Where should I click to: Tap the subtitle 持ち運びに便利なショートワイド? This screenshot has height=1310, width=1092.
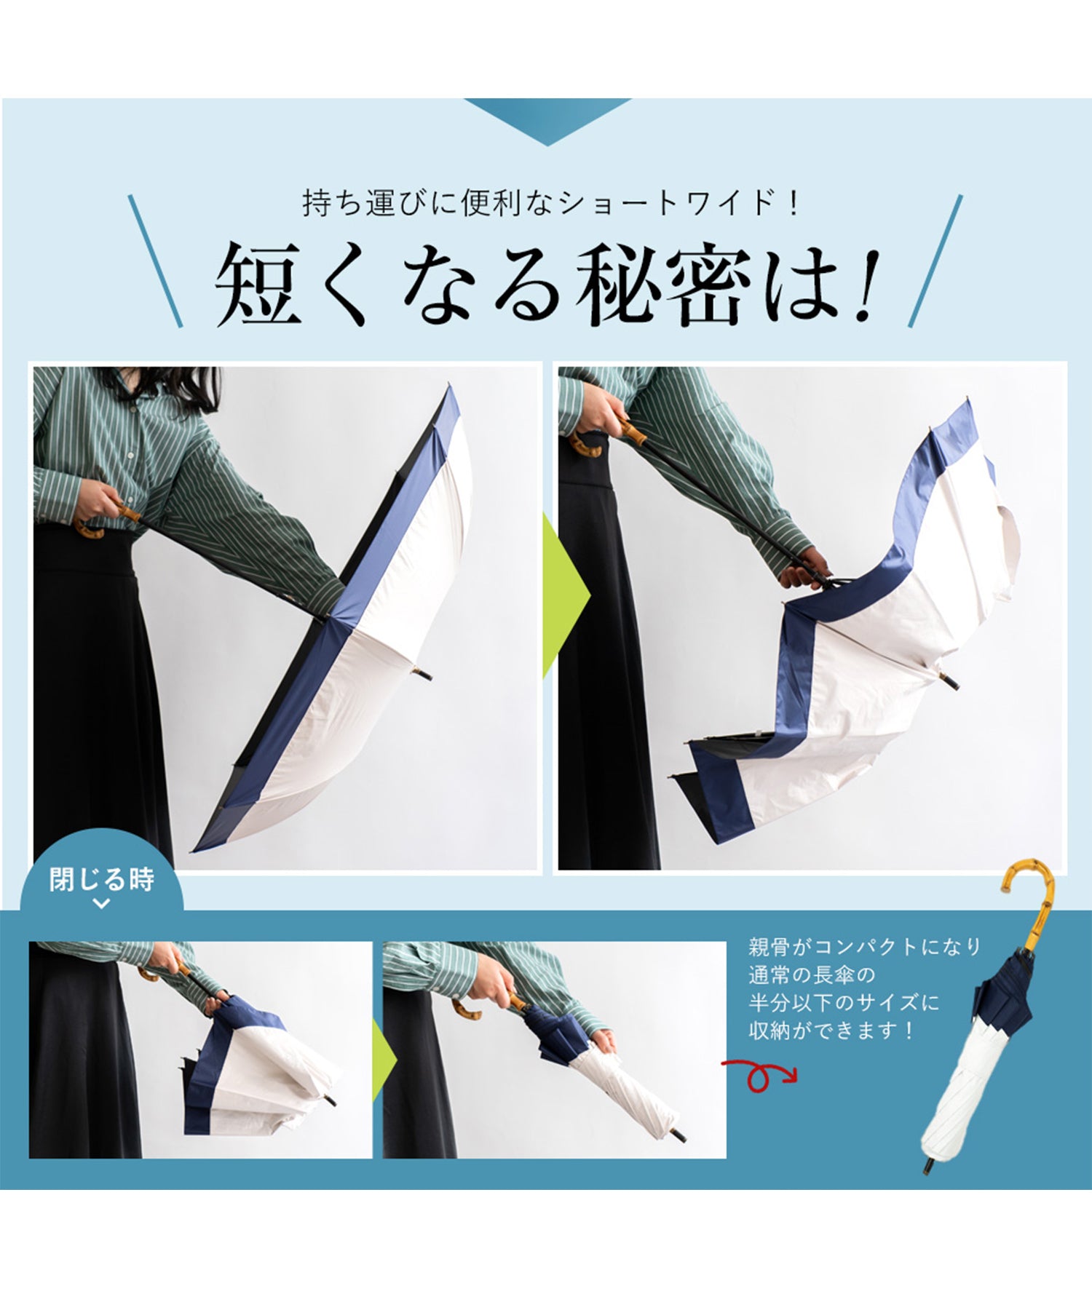(x=551, y=203)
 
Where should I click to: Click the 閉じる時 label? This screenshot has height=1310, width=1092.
(x=102, y=880)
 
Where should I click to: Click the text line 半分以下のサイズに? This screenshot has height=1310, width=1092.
(x=844, y=1003)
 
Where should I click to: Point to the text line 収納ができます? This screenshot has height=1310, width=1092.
(x=831, y=1031)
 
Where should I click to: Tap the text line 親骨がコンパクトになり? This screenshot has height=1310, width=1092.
(x=865, y=947)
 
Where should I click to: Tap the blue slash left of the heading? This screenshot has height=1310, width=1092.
(x=155, y=261)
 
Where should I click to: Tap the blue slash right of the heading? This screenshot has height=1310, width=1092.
(x=935, y=261)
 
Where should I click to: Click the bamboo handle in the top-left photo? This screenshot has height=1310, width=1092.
(x=102, y=522)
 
